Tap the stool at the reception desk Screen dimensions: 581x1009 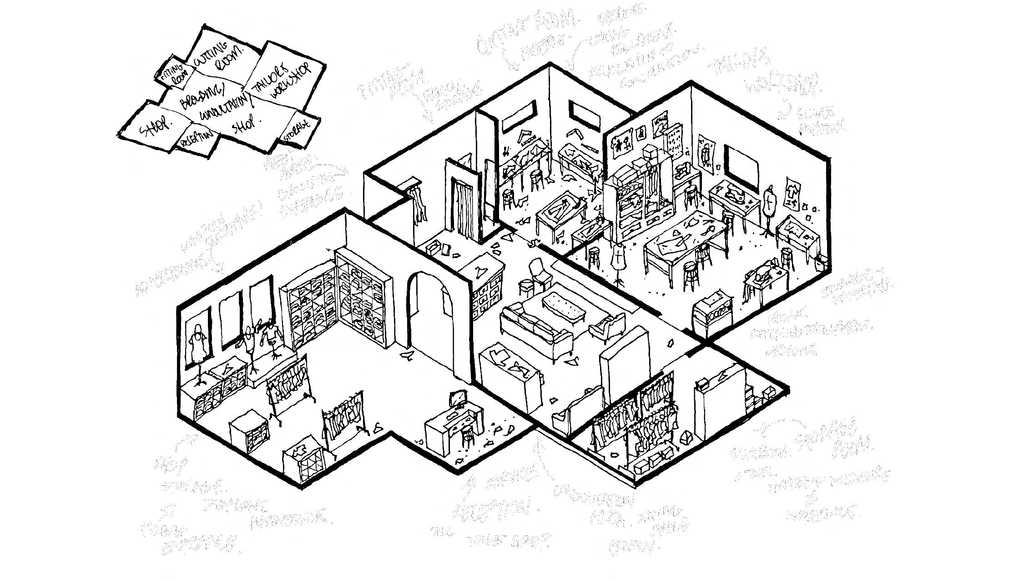coord(467,435)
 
